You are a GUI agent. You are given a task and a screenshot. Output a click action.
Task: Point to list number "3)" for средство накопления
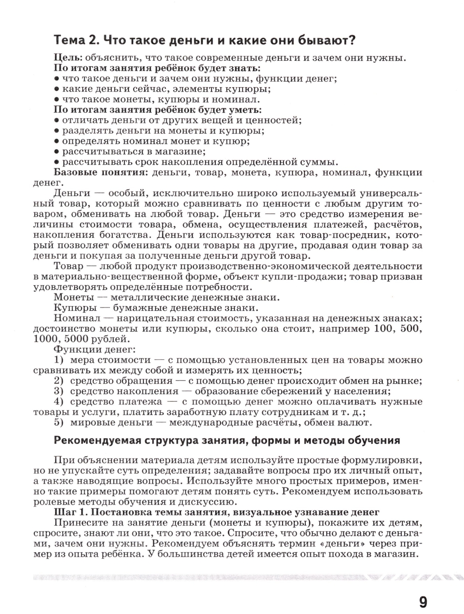(x=58, y=391)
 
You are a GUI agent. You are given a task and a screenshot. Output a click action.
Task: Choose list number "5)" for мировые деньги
(x=58, y=422)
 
